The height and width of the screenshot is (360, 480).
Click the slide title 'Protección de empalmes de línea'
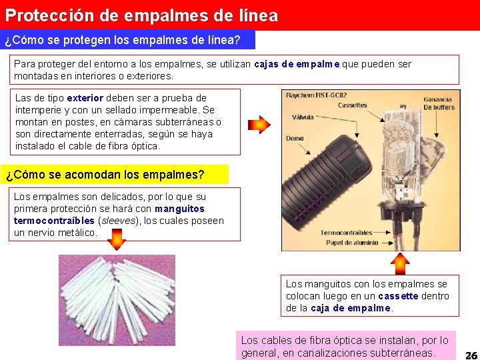[x=141, y=15]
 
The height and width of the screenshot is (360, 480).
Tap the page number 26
[x=472, y=355]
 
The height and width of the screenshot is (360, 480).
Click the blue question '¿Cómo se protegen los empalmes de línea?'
[x=123, y=40]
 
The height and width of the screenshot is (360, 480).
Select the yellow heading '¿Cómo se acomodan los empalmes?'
[x=105, y=175]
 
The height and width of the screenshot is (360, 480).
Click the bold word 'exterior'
[x=85, y=98]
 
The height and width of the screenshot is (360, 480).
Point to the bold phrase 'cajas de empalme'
[x=297, y=64]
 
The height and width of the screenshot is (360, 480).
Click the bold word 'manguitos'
[x=180, y=209]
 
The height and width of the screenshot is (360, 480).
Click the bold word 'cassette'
[x=398, y=296]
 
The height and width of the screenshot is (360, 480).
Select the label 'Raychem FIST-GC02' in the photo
[x=316, y=95]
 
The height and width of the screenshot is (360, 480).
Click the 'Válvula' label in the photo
[x=303, y=117]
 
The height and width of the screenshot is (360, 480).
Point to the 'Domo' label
[x=295, y=139]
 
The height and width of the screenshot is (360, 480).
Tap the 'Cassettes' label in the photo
[x=353, y=105]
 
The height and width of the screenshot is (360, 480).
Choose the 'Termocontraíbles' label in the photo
[x=346, y=233]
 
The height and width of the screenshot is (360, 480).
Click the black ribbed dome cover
[x=326, y=182]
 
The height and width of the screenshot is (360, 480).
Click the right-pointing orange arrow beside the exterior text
[x=259, y=125]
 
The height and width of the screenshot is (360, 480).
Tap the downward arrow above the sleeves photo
[x=117, y=239]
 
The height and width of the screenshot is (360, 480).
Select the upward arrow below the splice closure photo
[x=400, y=263]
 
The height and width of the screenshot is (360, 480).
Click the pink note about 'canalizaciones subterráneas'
[x=346, y=345]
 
